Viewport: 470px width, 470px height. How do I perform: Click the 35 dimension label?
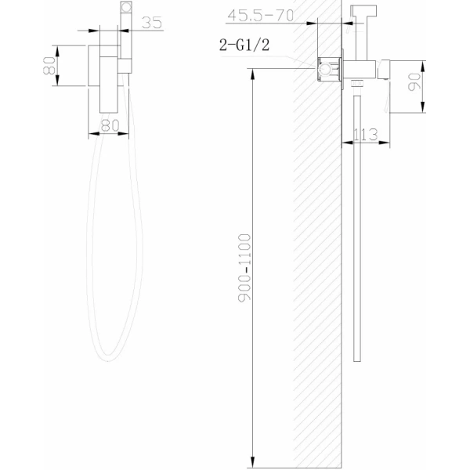[x=152, y=23]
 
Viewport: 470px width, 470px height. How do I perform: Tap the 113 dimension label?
[x=365, y=135]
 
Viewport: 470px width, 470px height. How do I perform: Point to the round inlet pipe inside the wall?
[x=321, y=70]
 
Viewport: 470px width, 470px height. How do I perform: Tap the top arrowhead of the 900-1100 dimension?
[x=253, y=73]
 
